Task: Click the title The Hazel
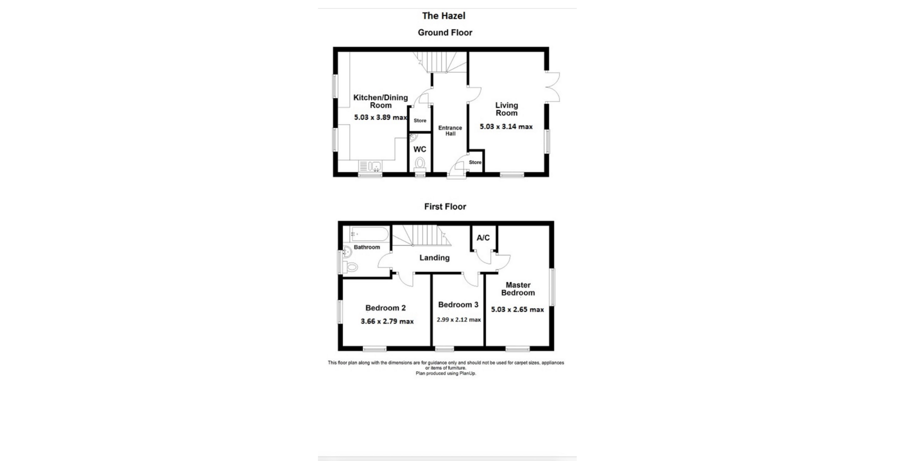[x=443, y=16]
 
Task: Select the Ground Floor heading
[x=445, y=33]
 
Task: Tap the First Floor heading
[x=445, y=206]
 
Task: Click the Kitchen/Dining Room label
[x=381, y=101]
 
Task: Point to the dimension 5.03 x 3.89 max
[x=381, y=117]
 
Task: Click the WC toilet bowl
[x=420, y=163]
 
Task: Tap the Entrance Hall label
[x=450, y=131]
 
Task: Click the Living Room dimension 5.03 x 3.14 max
[x=506, y=127]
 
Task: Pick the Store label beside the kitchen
[x=420, y=120]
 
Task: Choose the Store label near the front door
[x=475, y=162]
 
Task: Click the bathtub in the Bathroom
[x=369, y=234]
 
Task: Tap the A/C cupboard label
[x=483, y=238]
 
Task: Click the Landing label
[x=434, y=258]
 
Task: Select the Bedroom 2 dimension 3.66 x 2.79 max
[x=387, y=321]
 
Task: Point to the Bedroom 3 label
[x=458, y=304]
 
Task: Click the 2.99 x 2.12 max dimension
[x=458, y=320]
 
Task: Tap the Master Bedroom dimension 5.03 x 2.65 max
[x=517, y=309]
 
